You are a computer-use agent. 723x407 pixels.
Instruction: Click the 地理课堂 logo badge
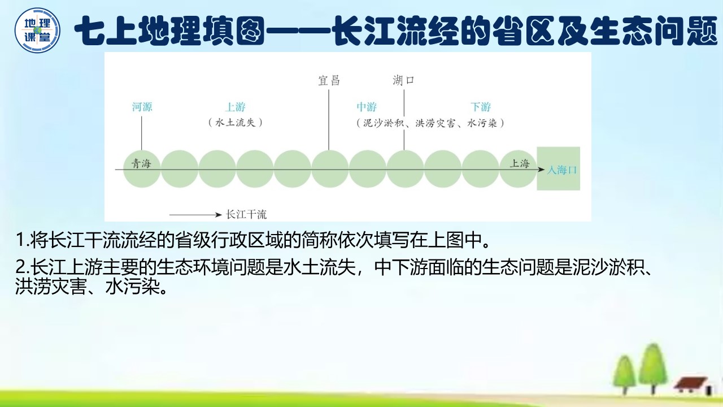[x=37, y=31]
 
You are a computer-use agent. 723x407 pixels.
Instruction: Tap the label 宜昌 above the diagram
[x=329, y=80]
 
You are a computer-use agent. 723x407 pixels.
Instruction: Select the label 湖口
[x=404, y=80]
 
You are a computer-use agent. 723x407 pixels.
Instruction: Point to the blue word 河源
[x=142, y=107]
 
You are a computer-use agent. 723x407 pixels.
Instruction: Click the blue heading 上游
[x=236, y=107]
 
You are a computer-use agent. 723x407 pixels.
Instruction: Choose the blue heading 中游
[x=367, y=107]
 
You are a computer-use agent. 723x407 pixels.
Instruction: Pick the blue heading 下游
[x=481, y=107]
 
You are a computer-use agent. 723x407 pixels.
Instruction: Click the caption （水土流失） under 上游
[x=236, y=122]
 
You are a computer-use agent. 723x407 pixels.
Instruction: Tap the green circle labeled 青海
[x=142, y=168]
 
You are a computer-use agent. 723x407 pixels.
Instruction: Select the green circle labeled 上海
[x=518, y=168]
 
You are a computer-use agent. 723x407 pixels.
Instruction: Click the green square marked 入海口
[x=559, y=168]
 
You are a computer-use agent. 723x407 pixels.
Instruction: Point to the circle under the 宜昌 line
[x=330, y=168]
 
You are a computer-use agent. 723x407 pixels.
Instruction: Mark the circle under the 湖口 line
[x=405, y=168]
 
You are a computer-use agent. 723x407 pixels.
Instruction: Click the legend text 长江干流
[x=246, y=215]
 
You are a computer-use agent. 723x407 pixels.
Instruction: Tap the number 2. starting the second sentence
[x=23, y=267]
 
